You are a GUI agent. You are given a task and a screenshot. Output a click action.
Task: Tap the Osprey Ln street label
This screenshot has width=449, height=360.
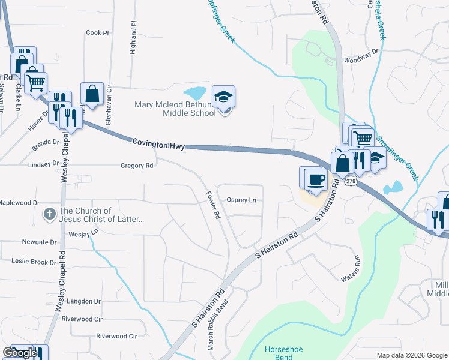coord(241,200)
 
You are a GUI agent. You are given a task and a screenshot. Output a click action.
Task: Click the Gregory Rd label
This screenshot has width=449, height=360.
coord(137,165)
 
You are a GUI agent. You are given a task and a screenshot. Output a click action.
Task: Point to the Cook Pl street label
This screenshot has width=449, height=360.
coord(98,33)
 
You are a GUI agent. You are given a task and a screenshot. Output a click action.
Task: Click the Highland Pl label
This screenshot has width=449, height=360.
coord(133,39)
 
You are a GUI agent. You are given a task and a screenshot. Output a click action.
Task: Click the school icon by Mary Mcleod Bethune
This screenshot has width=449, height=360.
coord(224,97)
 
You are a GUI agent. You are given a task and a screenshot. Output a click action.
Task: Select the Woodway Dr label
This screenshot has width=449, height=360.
coord(361,59)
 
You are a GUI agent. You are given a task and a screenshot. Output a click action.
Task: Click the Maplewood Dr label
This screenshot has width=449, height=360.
coord(19,203)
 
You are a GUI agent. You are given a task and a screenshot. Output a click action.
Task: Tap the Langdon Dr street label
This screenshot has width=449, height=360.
coord(83,301)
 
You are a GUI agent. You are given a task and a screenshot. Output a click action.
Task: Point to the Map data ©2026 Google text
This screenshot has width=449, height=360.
coord(411,355)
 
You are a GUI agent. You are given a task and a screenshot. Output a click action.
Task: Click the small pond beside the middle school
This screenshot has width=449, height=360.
coord(195,94)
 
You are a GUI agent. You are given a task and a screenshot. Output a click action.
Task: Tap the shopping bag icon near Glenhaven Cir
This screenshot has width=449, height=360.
coord(92,94)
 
